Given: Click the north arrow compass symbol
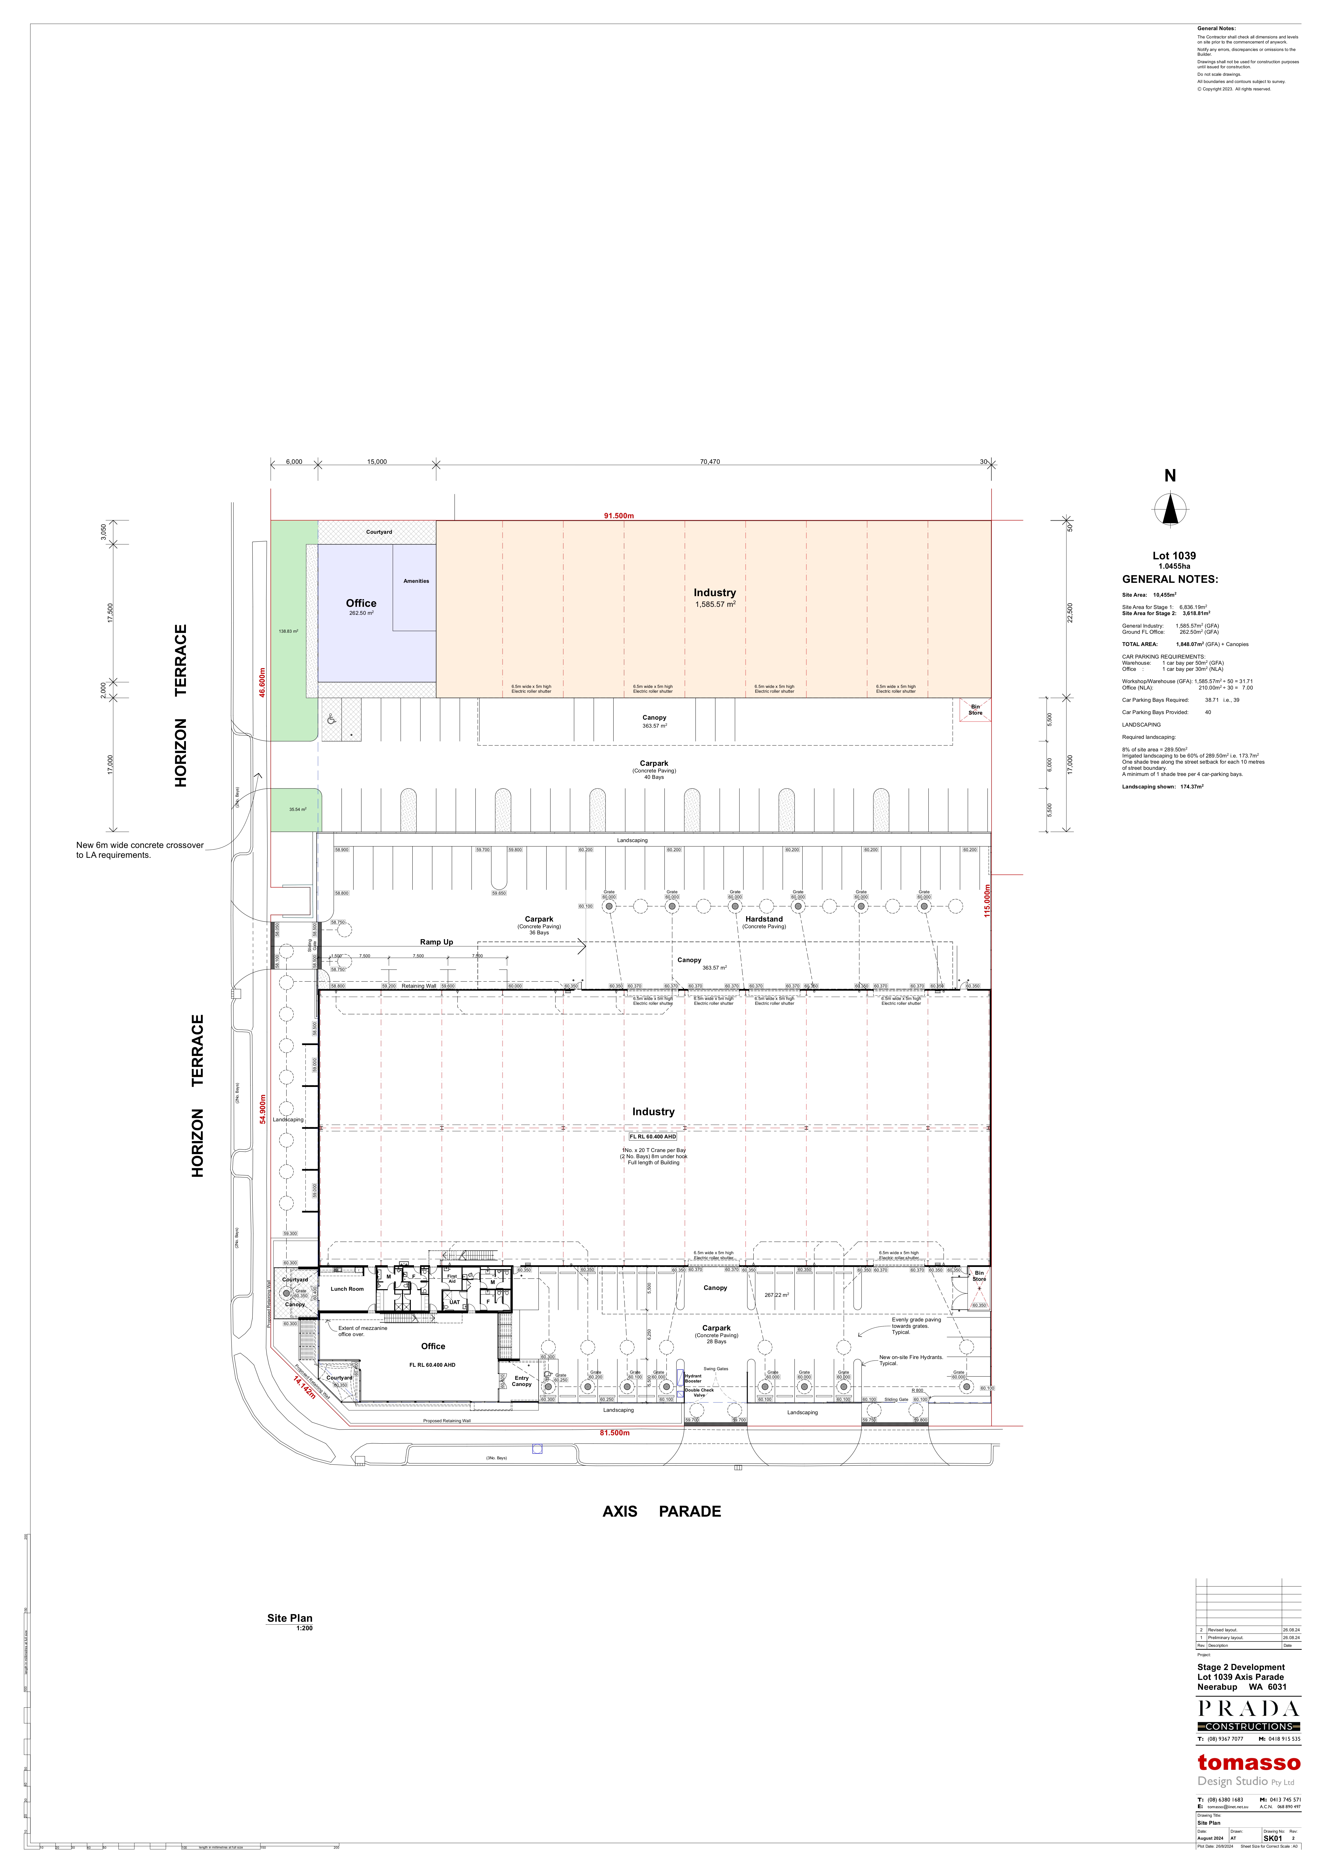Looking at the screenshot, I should [1170, 510].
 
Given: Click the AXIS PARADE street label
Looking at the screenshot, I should [662, 1511].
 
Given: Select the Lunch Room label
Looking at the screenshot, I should [347, 1289].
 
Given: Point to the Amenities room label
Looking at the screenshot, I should [416, 581].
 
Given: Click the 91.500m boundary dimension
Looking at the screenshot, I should [618, 516].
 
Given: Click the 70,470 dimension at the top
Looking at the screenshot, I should [710, 462].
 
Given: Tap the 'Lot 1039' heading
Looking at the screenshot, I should [1174, 556].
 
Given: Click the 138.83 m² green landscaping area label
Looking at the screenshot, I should [288, 631].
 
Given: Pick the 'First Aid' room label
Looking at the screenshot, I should [452, 1278].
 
